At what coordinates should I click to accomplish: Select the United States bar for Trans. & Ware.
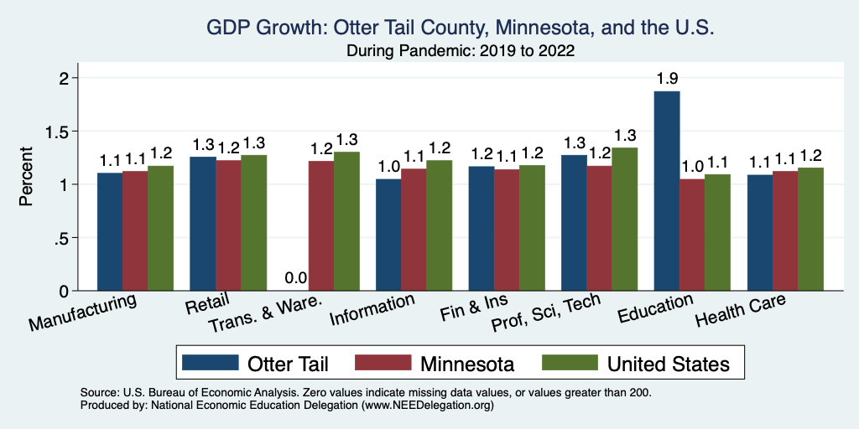click(x=346, y=221)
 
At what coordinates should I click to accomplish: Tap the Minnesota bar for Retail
click(x=228, y=225)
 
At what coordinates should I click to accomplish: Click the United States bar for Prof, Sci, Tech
click(x=624, y=220)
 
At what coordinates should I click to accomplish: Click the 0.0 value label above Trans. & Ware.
click(x=296, y=278)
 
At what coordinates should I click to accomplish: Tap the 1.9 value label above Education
click(x=667, y=79)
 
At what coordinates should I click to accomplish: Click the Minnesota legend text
click(x=467, y=364)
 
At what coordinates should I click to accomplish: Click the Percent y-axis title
click(x=27, y=178)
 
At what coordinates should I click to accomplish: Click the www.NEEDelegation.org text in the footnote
click(x=428, y=405)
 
